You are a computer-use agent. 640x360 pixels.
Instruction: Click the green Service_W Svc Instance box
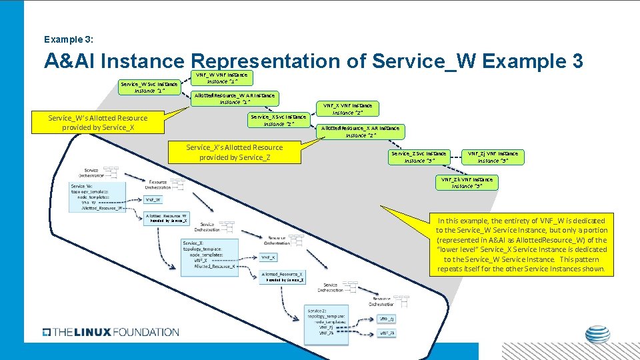pos(149,87)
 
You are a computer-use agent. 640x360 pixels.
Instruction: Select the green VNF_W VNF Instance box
pos(221,78)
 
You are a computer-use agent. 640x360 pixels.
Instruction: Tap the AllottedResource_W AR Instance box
pos(234,99)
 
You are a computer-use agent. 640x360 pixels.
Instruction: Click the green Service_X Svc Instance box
pos(278,121)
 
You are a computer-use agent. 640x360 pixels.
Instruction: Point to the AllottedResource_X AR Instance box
pos(361,131)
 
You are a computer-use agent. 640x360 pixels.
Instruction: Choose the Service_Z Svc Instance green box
pos(419,157)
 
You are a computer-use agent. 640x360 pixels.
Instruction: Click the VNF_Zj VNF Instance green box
pos(492,157)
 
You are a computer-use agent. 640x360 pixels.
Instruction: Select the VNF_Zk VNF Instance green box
pos(467,183)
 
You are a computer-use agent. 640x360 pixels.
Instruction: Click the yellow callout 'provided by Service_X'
pos(98,123)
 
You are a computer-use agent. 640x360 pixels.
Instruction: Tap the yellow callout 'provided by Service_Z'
pos(234,153)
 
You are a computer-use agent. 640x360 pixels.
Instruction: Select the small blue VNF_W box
pos(153,199)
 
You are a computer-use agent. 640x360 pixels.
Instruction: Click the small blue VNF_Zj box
pos(387,319)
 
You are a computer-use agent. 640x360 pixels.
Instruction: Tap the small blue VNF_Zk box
pos(387,332)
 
